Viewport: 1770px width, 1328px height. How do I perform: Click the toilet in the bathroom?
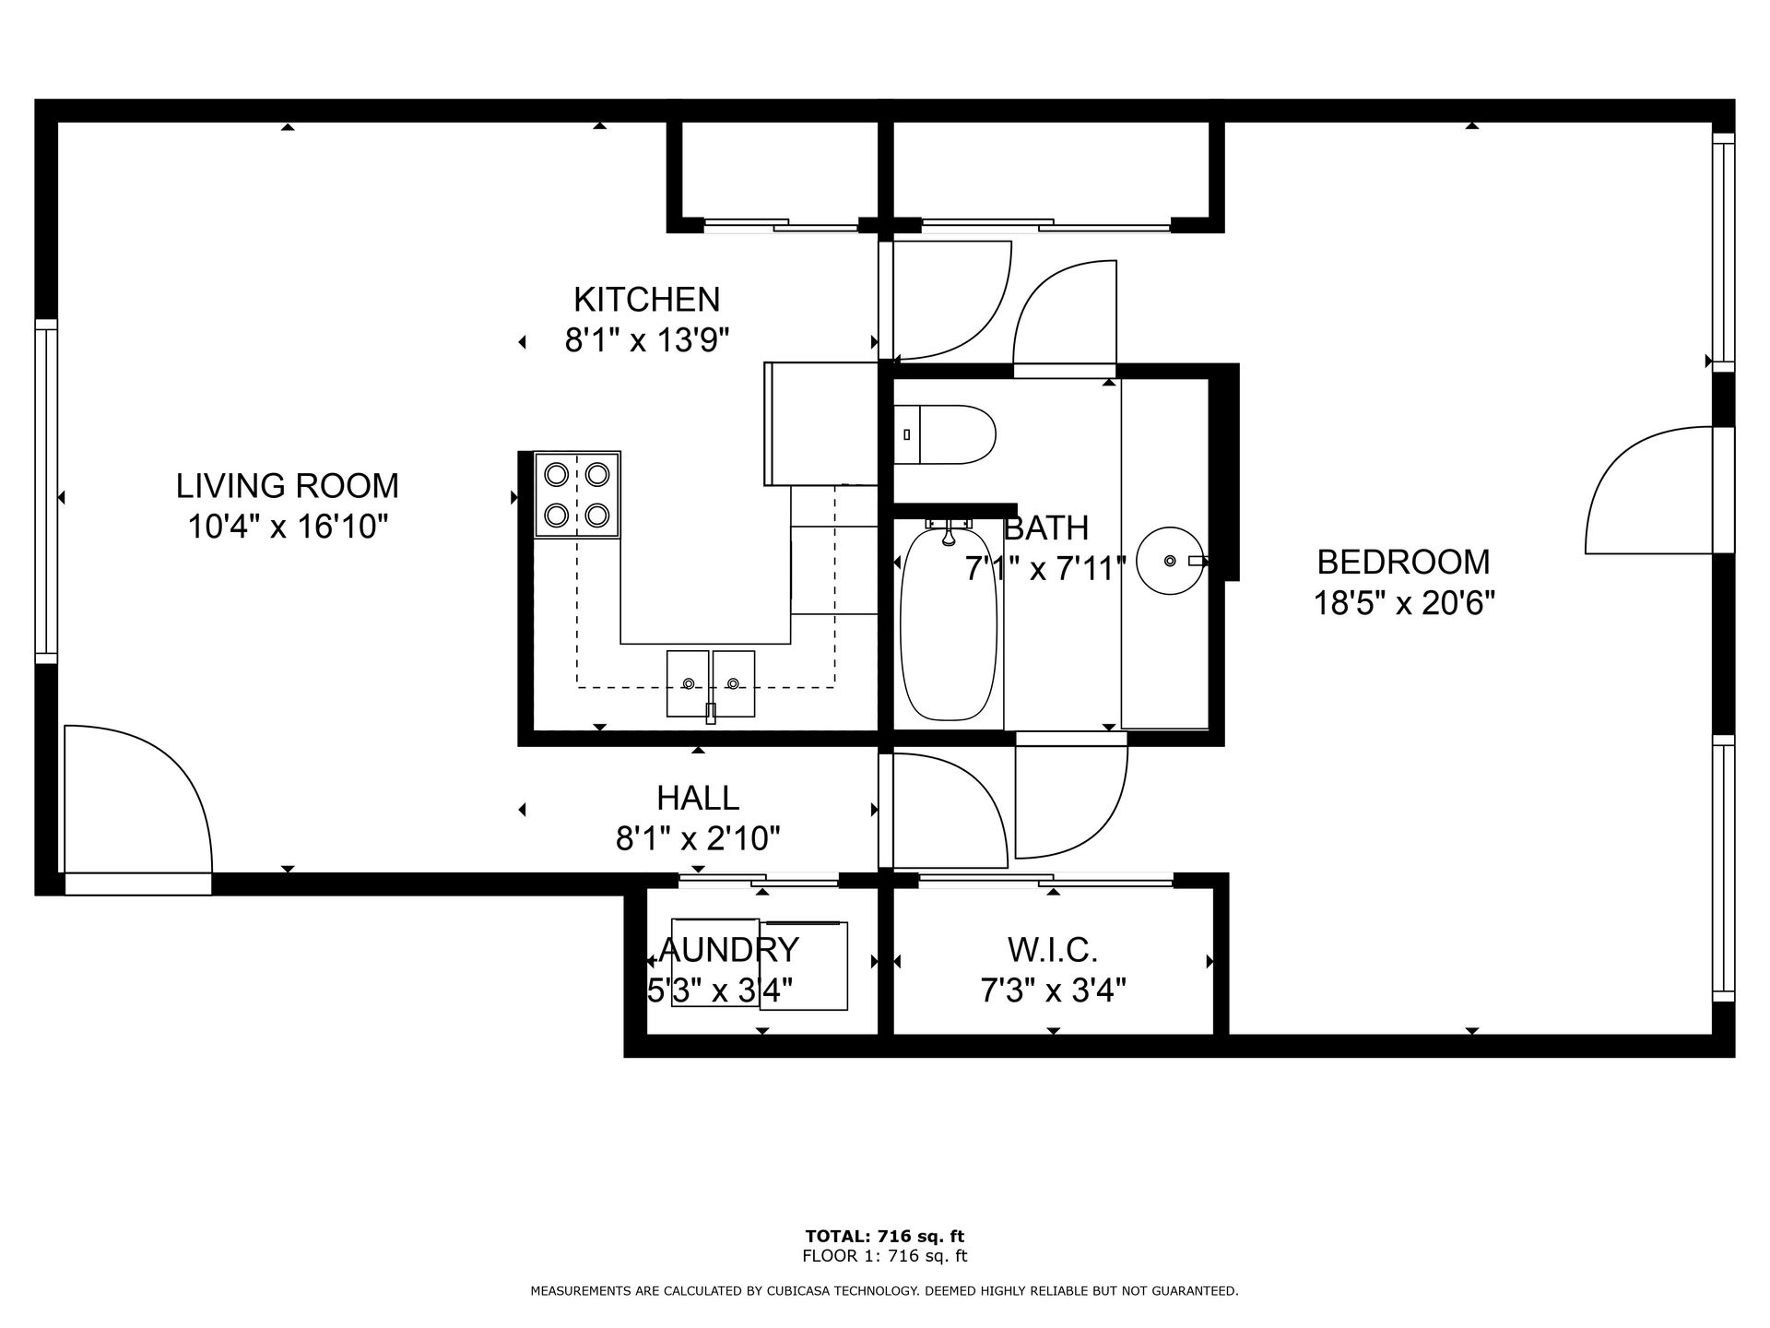(x=945, y=434)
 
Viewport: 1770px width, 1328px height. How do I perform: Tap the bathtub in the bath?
(x=949, y=622)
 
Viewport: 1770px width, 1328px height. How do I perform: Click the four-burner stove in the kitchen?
(x=577, y=494)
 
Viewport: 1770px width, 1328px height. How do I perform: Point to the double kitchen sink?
(x=711, y=683)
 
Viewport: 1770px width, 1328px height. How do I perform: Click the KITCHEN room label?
(x=646, y=300)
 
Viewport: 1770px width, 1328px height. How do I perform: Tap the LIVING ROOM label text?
(x=288, y=485)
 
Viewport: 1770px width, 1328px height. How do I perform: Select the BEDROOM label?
(x=1403, y=562)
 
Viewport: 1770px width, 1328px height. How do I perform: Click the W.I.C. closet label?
(x=1053, y=949)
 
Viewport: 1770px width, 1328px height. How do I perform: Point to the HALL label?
(x=698, y=798)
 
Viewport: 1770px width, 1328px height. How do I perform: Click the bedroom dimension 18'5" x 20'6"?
(x=1403, y=603)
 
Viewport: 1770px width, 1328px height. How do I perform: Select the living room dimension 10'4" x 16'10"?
(x=288, y=527)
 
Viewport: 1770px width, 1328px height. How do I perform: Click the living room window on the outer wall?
(x=46, y=491)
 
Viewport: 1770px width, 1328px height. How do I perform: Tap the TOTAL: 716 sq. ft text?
(x=884, y=1236)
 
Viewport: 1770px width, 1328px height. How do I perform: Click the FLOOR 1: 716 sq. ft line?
(x=884, y=1256)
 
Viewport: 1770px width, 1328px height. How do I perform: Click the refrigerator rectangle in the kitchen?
(x=820, y=423)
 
